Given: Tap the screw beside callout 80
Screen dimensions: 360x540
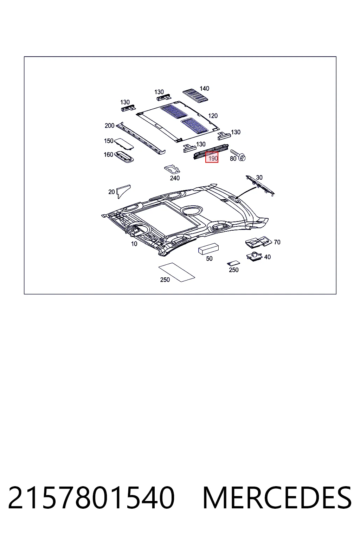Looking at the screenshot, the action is [238, 155].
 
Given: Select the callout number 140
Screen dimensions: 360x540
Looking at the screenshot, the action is [204, 89].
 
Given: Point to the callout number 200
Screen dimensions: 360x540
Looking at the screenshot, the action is [109, 126].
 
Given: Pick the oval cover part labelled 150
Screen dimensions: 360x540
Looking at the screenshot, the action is [124, 144].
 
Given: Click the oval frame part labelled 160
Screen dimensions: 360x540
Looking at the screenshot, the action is [124, 157].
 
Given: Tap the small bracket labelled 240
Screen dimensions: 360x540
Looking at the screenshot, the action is [172, 169].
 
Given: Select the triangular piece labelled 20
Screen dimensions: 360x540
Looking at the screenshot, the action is [123, 191].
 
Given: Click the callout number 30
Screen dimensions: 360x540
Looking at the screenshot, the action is [259, 178].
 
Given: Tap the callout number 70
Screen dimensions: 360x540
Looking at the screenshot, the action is [277, 242].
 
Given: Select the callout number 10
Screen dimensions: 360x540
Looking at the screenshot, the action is [134, 244].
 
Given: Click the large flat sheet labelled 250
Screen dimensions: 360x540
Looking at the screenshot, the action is [177, 272].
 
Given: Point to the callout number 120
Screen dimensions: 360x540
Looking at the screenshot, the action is [213, 116].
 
